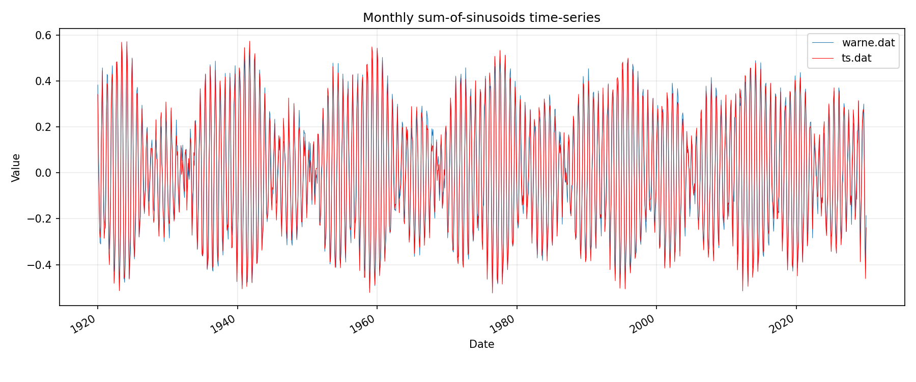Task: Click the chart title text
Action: [481, 18]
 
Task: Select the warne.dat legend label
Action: [868, 43]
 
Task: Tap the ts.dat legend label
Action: [856, 58]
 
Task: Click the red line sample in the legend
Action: [823, 58]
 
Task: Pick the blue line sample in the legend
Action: [823, 43]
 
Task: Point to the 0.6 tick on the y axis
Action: [44, 35]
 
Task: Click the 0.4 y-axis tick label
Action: [44, 81]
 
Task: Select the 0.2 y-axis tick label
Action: [44, 127]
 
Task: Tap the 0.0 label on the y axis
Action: [44, 173]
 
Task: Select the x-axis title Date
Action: [481, 344]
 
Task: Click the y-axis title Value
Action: [16, 168]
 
